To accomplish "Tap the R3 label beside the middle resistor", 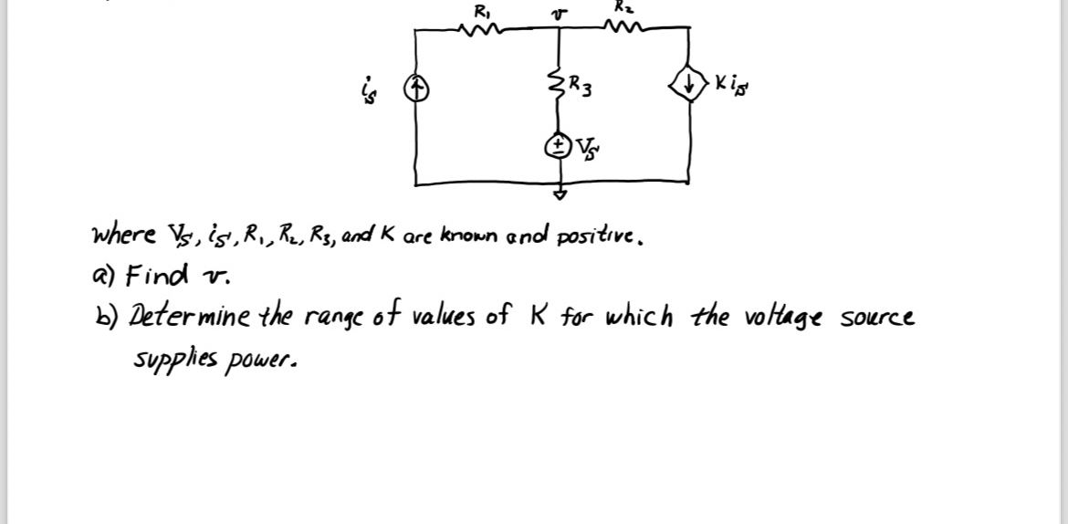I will [581, 89].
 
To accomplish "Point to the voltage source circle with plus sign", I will [557, 145].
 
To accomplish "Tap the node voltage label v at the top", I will [560, 12].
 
